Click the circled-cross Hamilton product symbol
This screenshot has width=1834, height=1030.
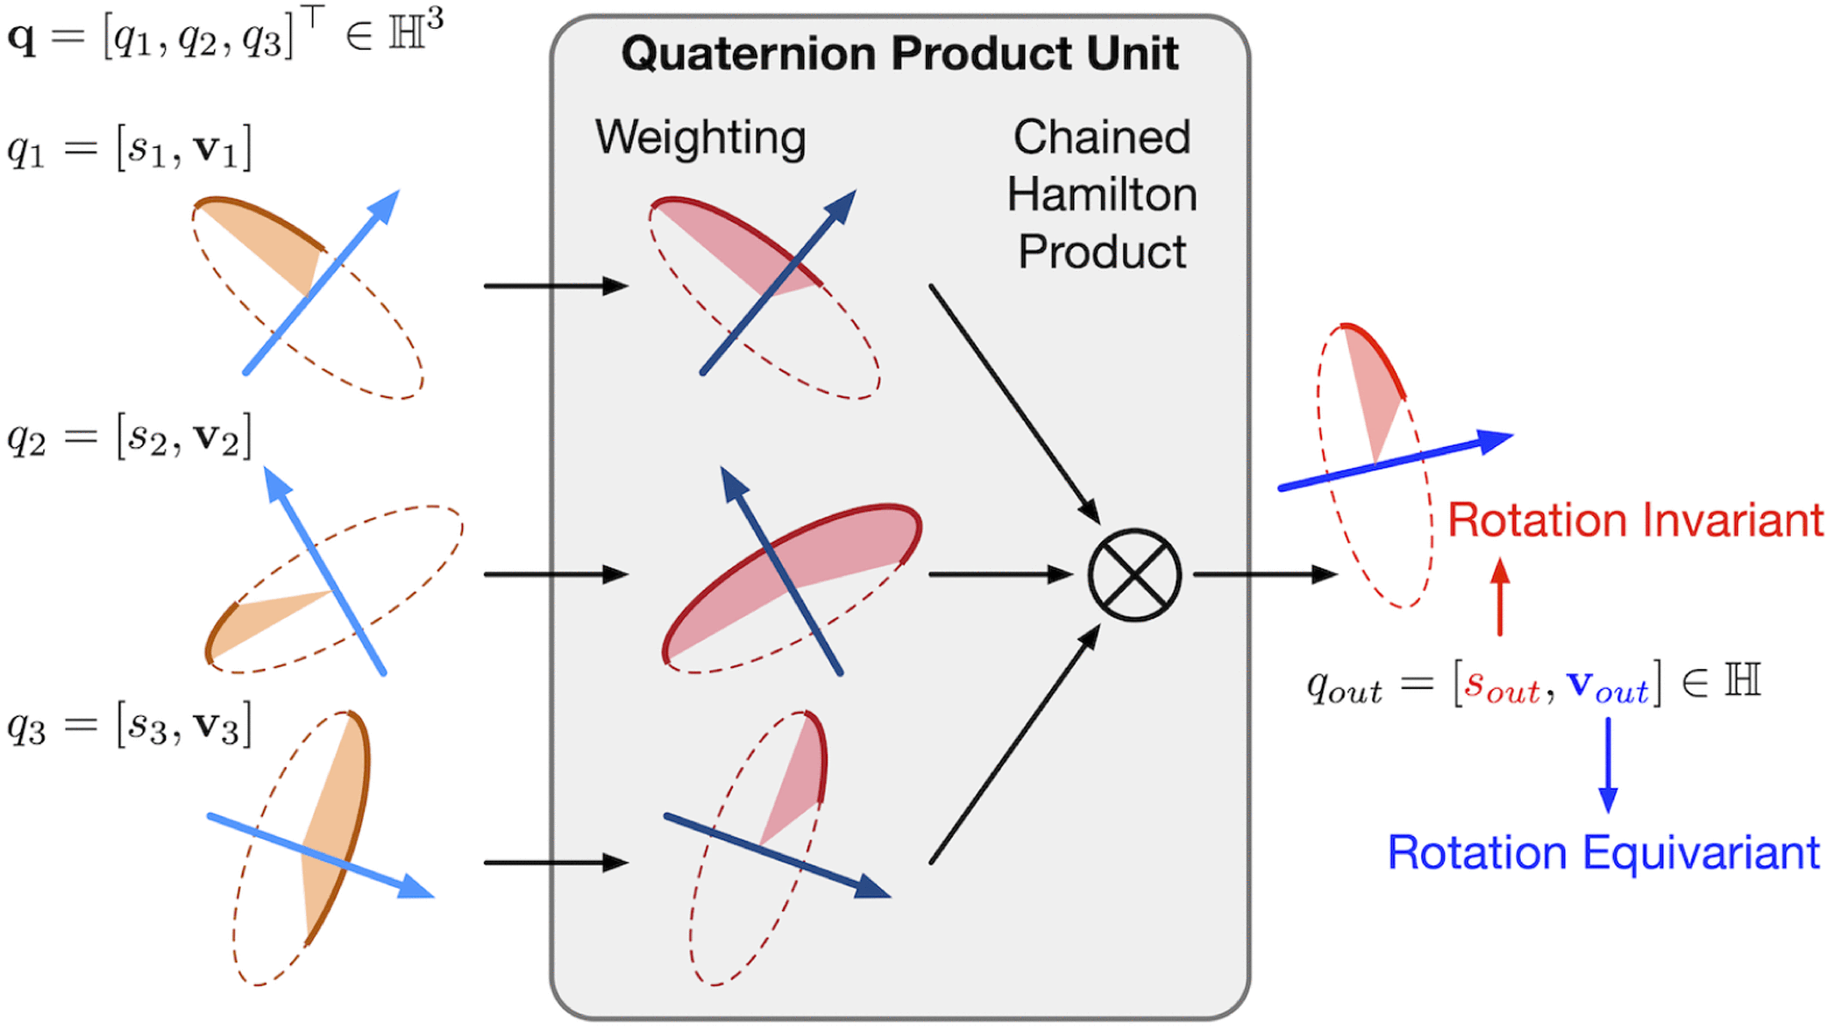tap(1134, 575)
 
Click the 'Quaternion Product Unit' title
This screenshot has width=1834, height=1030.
tap(899, 54)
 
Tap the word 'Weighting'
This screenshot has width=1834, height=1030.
tap(700, 138)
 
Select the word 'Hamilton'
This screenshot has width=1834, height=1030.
tap(1102, 195)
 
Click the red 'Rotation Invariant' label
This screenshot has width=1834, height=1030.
tap(1635, 520)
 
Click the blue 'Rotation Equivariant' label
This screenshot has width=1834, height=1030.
tap(1603, 853)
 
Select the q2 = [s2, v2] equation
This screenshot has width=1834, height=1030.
tap(129, 437)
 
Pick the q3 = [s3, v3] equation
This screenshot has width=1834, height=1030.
tap(129, 725)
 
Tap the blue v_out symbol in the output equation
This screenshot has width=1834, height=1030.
tap(1607, 685)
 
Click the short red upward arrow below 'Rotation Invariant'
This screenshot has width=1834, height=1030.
tap(1500, 597)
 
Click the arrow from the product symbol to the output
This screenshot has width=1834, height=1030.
tap(1263, 575)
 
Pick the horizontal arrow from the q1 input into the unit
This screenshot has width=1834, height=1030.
tap(555, 286)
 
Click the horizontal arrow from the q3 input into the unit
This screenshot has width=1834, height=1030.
tap(555, 863)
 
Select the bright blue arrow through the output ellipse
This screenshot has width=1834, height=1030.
tap(1394, 461)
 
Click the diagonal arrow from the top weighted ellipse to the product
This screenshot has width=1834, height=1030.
tap(1013, 403)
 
